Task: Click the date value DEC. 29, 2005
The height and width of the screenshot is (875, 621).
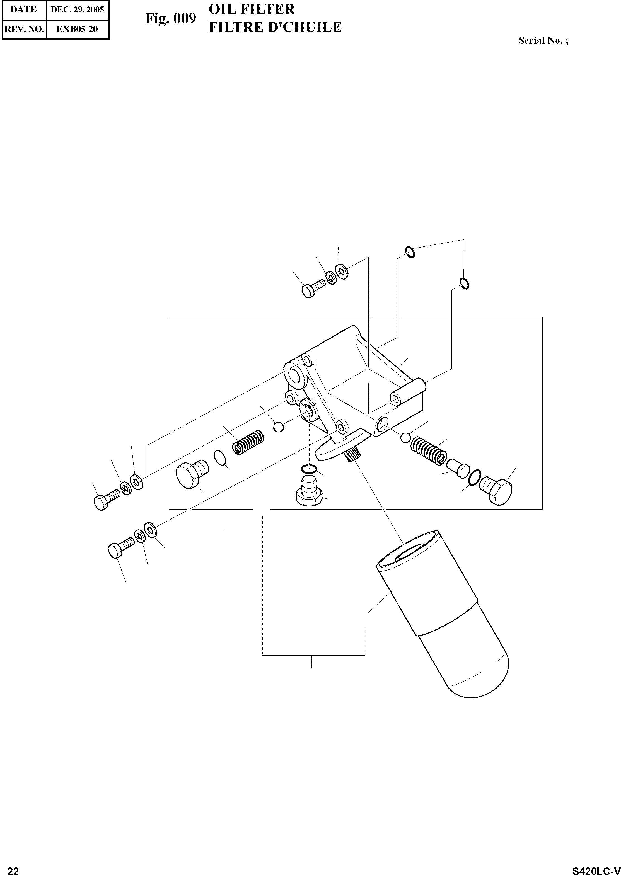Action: click(77, 9)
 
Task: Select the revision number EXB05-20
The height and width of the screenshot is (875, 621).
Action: click(77, 29)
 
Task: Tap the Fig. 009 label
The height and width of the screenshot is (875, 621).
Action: click(171, 18)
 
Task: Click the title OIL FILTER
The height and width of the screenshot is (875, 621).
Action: click(252, 9)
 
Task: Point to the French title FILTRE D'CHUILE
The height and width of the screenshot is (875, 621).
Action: click(275, 28)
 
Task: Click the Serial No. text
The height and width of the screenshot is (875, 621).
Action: click(543, 40)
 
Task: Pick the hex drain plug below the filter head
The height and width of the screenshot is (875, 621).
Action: click(308, 493)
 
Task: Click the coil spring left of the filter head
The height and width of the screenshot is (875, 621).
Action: click(248, 443)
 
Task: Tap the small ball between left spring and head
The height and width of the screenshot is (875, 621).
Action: click(279, 426)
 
